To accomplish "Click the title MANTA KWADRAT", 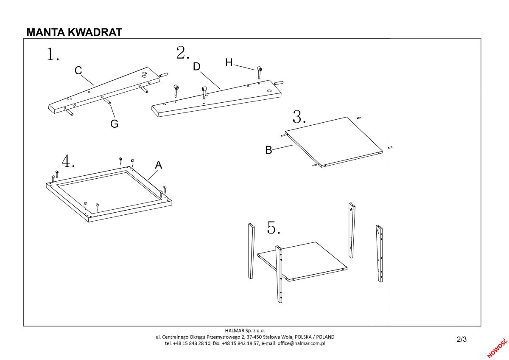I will pyautogui.click(x=74, y=32).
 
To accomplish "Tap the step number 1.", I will pyautogui.click(x=53, y=55).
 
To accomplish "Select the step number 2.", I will pyautogui.click(x=183, y=53).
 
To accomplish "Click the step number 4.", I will pyautogui.click(x=68, y=161).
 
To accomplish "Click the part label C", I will pyautogui.click(x=78, y=70).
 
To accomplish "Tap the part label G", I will pyautogui.click(x=114, y=124).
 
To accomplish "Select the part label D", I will pyautogui.click(x=196, y=67).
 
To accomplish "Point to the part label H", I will pyautogui.click(x=229, y=63).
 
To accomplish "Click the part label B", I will pyautogui.click(x=268, y=150).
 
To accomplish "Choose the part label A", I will pyautogui.click(x=158, y=165).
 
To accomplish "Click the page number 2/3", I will pyautogui.click(x=461, y=339).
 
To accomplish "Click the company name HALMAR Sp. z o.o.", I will pyautogui.click(x=245, y=330).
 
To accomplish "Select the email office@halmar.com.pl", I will pyautogui.click(x=301, y=343).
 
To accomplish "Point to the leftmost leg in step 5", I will pyautogui.click(x=251, y=250).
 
